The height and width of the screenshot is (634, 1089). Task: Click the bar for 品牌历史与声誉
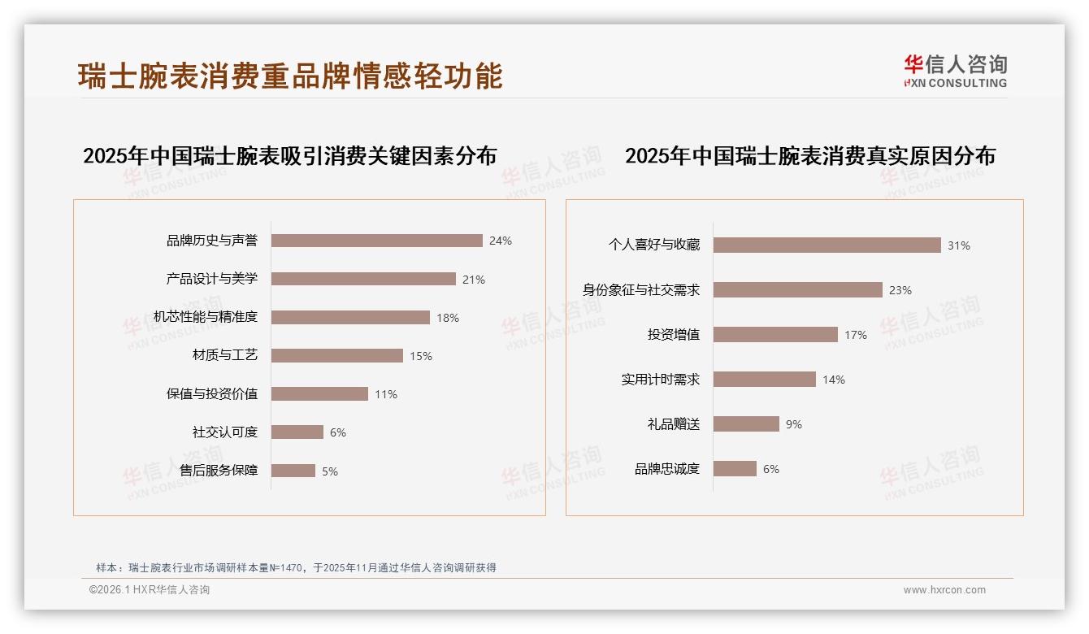377,241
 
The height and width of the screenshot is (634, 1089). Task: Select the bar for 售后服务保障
293,471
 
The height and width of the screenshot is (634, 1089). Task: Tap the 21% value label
474,280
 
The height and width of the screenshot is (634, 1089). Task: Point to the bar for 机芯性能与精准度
350,317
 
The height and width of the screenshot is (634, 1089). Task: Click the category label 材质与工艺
225,355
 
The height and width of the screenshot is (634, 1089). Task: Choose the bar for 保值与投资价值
319,394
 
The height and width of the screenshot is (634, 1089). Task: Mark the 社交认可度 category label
225,432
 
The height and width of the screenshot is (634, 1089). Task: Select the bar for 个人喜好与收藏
827,245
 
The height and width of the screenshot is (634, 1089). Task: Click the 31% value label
959,245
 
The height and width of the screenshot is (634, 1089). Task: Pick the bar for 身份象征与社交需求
798,289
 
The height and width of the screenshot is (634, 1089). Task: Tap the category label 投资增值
674,334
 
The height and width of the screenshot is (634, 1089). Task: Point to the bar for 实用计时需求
765,379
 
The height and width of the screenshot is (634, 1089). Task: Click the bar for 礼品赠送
746,423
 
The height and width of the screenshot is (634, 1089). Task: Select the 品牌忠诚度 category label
667,469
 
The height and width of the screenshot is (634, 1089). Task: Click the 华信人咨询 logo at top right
955,71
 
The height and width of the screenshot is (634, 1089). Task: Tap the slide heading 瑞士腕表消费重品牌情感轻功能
290,76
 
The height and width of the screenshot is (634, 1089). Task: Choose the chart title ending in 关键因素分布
289,155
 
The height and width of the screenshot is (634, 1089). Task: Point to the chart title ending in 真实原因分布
809,155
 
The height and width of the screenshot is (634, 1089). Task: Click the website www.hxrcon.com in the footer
944,590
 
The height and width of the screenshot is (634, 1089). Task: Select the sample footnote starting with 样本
296,567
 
